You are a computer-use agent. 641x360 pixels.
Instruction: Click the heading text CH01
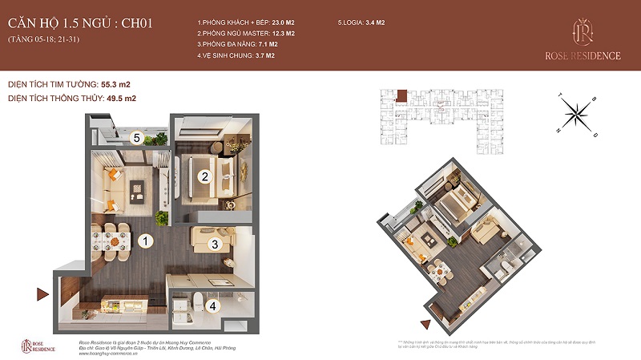click(129, 22)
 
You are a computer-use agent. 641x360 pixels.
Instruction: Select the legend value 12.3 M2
click(279, 34)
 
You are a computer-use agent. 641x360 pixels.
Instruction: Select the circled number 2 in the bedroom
click(204, 176)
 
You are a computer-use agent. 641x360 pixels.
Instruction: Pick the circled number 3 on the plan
click(215, 244)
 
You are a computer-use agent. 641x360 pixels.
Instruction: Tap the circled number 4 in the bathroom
click(212, 305)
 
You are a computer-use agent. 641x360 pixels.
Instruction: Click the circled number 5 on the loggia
click(137, 138)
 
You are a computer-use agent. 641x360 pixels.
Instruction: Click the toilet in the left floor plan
click(196, 302)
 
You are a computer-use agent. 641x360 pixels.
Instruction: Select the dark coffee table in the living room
click(136, 191)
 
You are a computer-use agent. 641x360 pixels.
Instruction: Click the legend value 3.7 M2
click(259, 56)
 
